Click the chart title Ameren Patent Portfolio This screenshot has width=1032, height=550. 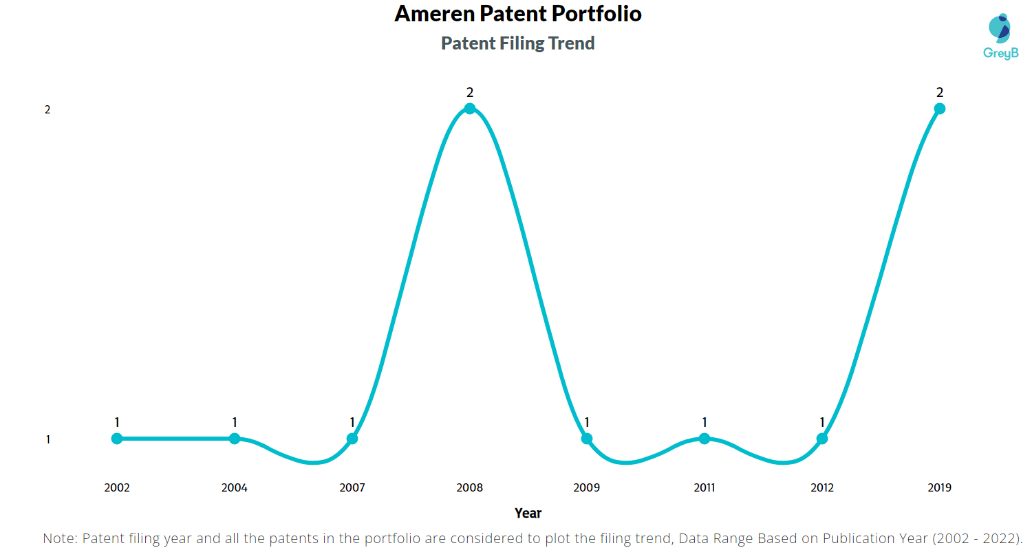click(517, 14)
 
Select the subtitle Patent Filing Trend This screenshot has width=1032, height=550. click(517, 43)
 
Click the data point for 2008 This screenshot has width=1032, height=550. click(469, 108)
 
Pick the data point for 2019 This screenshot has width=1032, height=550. click(939, 108)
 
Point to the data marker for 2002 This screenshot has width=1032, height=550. click(117, 439)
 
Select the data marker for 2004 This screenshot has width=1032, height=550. click(235, 439)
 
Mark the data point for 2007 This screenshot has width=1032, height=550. click(352, 439)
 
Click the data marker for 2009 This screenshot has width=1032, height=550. click(587, 439)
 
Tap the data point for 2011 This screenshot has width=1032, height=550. click(705, 439)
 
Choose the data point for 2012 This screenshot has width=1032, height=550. click(821, 439)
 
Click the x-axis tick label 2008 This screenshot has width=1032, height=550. click(469, 488)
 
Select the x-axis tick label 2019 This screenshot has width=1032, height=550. click(939, 488)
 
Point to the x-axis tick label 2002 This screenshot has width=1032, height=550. click(117, 488)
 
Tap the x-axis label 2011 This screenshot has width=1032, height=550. click(705, 488)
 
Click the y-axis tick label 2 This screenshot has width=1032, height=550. click(47, 110)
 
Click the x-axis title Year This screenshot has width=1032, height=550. click(528, 513)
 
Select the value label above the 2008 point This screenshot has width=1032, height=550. click(470, 92)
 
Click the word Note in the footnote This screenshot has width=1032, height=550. click(59, 538)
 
